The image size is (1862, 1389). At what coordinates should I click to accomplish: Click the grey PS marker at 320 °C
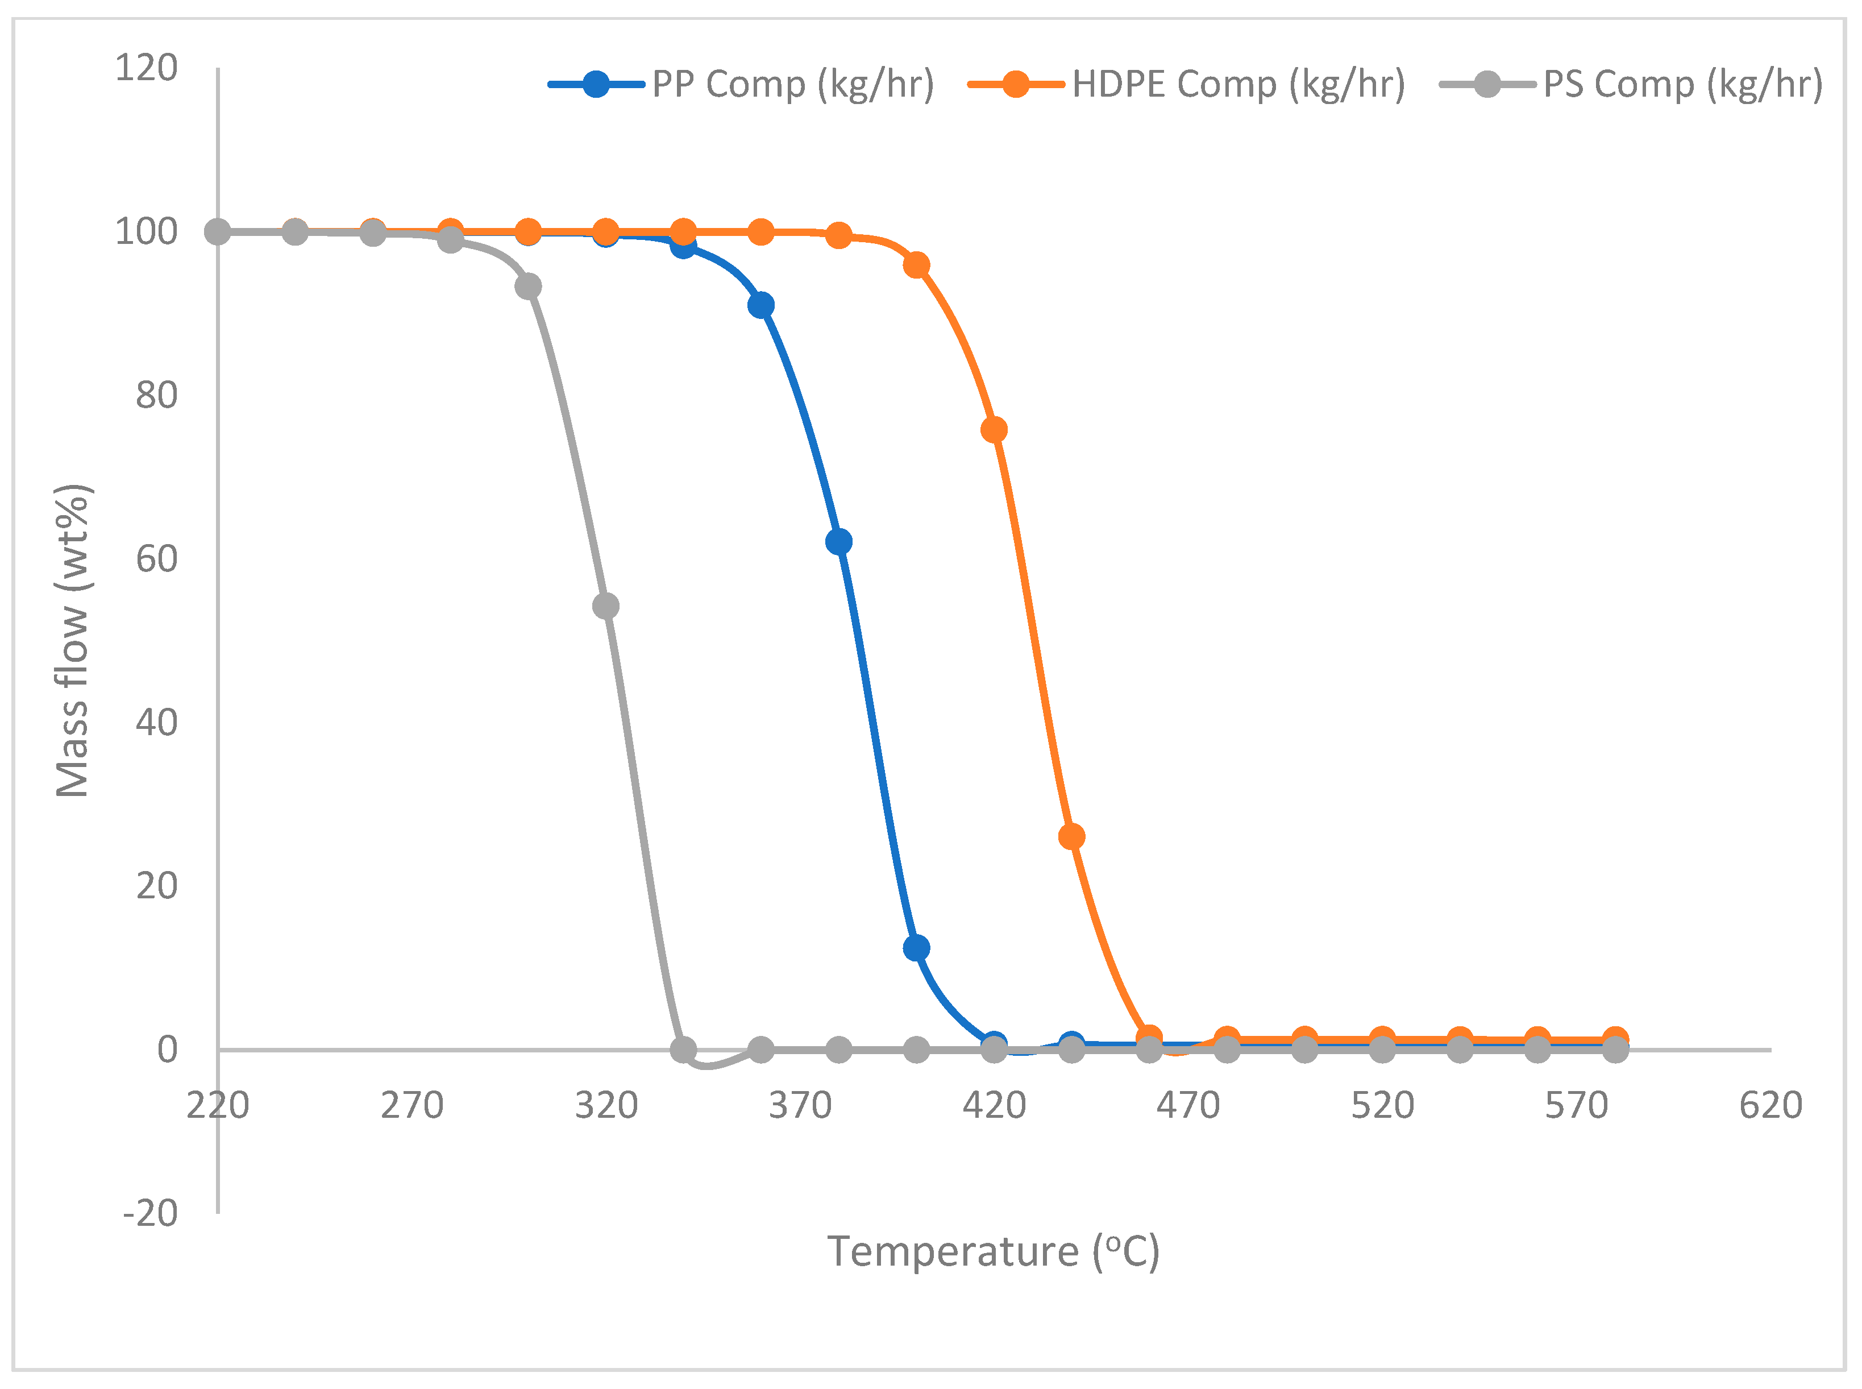click(x=606, y=606)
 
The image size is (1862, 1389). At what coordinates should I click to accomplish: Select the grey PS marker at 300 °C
click(x=528, y=287)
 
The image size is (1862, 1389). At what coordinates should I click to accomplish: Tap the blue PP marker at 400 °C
click(x=916, y=948)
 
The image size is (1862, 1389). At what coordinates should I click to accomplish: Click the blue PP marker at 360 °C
click(x=761, y=305)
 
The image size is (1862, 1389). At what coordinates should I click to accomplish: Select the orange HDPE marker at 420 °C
click(x=994, y=430)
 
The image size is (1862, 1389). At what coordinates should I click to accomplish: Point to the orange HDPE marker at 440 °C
click(x=1071, y=836)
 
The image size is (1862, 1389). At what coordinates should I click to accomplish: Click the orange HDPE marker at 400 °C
click(x=916, y=266)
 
